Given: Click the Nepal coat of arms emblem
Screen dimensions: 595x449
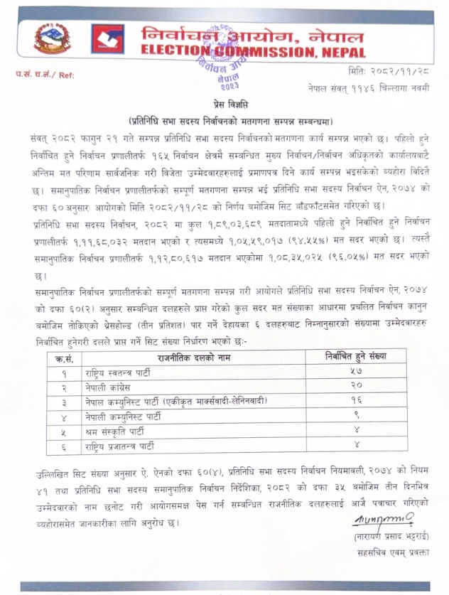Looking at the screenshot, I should tap(53, 40).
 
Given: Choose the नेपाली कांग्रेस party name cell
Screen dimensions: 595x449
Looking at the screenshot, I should tap(112, 389).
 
